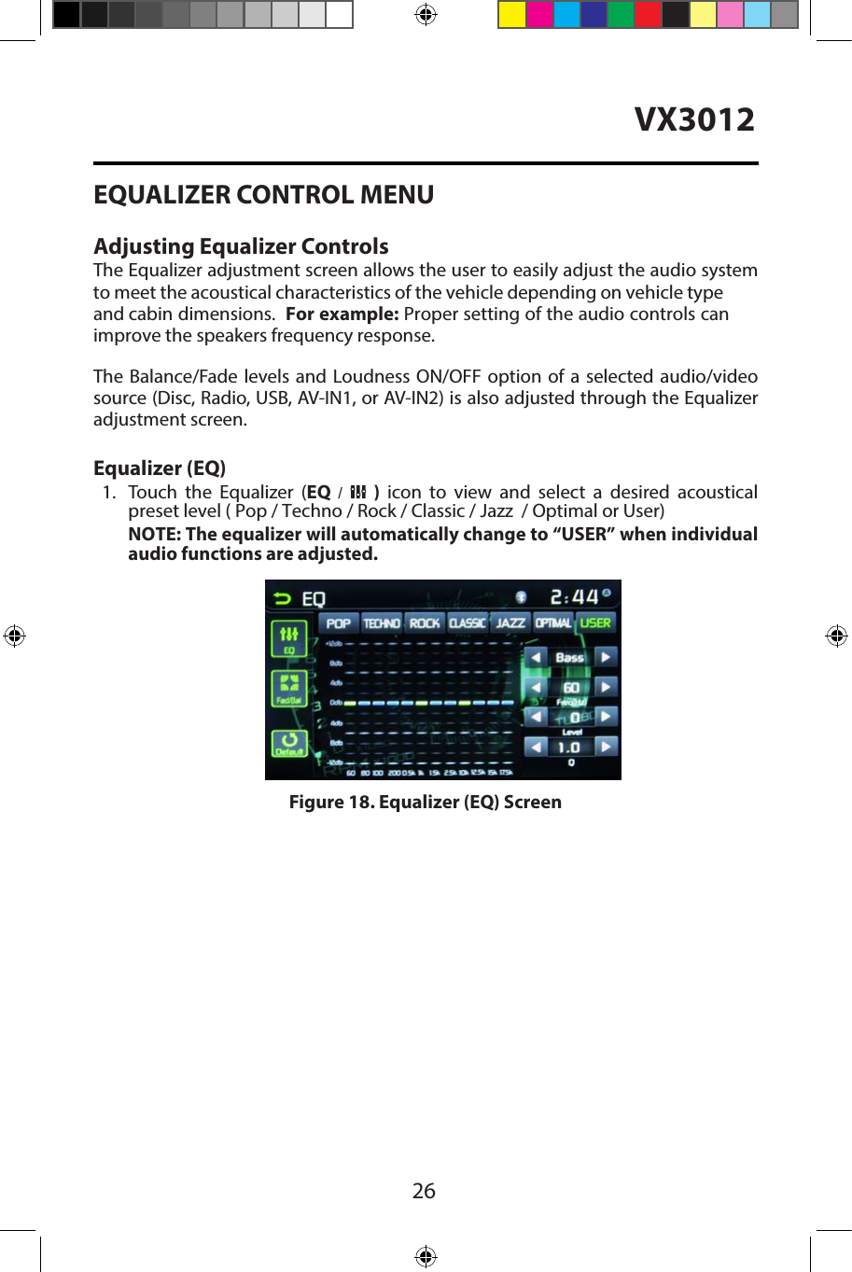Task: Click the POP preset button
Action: (338, 623)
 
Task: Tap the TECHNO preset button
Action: (381, 623)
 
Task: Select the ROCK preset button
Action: (425, 623)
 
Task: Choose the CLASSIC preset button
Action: (468, 623)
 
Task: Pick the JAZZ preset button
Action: (510, 623)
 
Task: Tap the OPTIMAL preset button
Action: (553, 623)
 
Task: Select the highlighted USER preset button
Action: (595, 623)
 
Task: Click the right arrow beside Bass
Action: (606, 657)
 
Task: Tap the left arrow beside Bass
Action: (536, 657)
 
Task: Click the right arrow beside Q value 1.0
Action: (606, 747)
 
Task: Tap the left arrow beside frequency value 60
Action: (536, 687)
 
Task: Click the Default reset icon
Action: (289, 743)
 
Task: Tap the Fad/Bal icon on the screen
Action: (289, 689)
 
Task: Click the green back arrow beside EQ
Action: (282, 598)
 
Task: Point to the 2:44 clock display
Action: (575, 596)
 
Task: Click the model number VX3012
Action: (694, 119)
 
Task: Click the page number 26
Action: (424, 1191)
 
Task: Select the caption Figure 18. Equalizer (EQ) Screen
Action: (426, 803)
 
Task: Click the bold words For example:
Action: (342, 315)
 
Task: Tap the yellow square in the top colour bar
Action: (511, 15)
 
